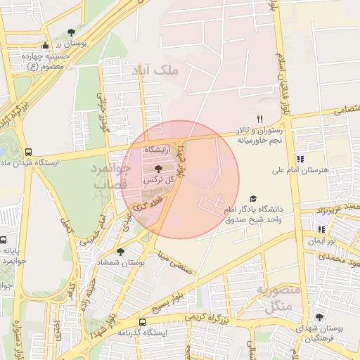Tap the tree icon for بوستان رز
point(71,32)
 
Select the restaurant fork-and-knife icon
point(259,119)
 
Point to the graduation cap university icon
point(253,199)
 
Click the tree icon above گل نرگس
point(157,168)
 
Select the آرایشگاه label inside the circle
point(157,151)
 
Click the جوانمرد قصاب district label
point(110,175)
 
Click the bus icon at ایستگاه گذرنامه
point(122,322)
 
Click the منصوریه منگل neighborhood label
point(278,298)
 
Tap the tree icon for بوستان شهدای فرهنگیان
point(319,317)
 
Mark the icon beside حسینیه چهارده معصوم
point(45,46)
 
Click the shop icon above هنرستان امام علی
point(300,159)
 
